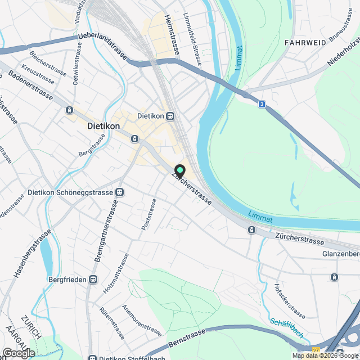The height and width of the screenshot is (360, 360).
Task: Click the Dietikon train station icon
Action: click(x=170, y=116)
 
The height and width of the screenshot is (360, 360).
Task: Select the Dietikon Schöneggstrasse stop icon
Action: click(x=119, y=192)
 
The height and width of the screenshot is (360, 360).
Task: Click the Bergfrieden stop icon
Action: click(x=93, y=279)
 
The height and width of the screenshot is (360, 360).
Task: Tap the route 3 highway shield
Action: click(x=262, y=104)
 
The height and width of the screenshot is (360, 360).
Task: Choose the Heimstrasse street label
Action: click(x=172, y=34)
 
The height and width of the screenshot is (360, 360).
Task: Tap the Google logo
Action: click(x=18, y=353)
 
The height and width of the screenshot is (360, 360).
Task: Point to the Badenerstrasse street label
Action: click(x=31, y=87)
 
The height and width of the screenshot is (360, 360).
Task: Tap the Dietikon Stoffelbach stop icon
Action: click(x=93, y=357)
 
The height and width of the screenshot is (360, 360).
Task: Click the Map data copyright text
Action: click(x=325, y=355)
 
